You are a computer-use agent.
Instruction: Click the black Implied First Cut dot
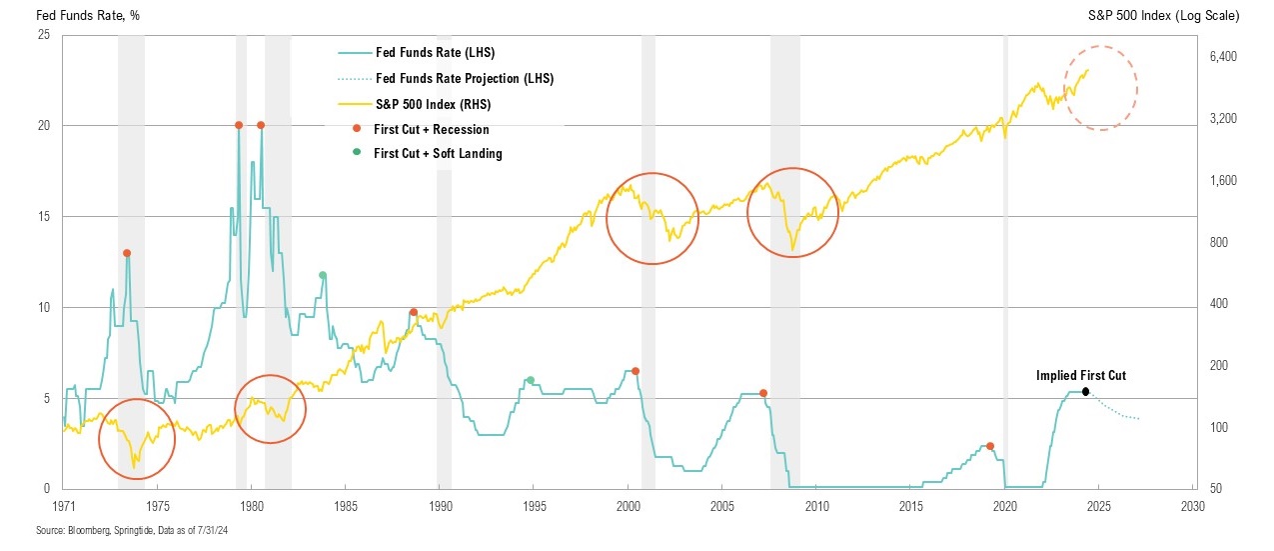[x=1085, y=391]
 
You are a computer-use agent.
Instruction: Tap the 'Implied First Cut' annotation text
[x=1081, y=376]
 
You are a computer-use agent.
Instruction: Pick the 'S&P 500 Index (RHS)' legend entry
[x=432, y=104]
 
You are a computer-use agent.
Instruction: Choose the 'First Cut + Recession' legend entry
[x=431, y=129]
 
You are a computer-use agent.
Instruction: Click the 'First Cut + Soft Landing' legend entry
[x=437, y=154]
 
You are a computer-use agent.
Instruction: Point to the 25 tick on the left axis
[x=43, y=35]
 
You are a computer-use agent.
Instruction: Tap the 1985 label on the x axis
[x=345, y=505]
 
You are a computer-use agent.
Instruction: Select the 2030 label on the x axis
[x=1192, y=505]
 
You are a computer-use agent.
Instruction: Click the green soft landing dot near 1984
[x=323, y=275]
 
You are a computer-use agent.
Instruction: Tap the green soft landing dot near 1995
[x=531, y=380]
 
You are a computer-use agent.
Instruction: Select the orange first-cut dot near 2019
[x=990, y=446]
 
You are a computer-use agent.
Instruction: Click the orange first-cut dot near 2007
[x=763, y=393]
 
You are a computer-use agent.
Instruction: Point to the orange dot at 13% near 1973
[x=127, y=253]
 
